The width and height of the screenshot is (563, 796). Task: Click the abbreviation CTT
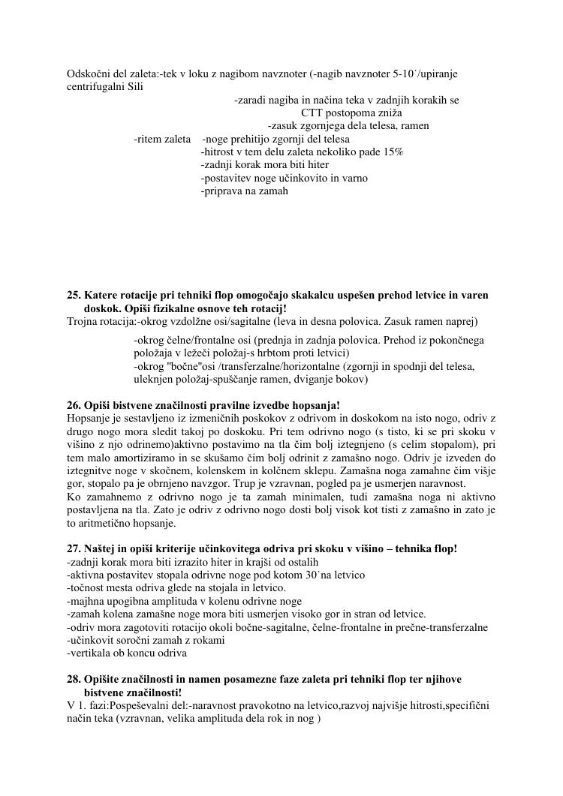pyautogui.click(x=315, y=113)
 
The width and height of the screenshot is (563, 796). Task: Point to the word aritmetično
pyautogui.click(x=104, y=523)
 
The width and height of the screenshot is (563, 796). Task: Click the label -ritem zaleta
pyautogui.click(x=162, y=139)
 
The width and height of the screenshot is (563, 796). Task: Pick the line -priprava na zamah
pyautogui.click(x=244, y=191)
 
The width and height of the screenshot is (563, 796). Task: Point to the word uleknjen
pyautogui.click(x=154, y=380)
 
